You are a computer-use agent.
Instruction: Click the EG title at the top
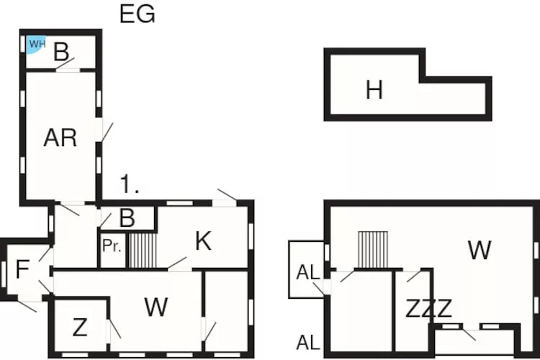click(x=137, y=14)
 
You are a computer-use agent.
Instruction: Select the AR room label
click(x=60, y=138)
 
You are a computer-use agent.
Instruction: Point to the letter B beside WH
click(x=62, y=53)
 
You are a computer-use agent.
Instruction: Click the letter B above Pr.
click(x=126, y=218)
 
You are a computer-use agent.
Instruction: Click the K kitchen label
click(x=203, y=241)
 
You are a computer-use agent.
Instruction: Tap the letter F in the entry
click(x=22, y=270)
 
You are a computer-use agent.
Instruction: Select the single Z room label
click(x=80, y=328)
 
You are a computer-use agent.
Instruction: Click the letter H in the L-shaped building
click(x=374, y=91)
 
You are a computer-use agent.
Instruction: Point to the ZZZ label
click(x=428, y=309)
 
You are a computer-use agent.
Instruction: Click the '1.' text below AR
click(x=130, y=185)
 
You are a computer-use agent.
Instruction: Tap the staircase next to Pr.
click(x=143, y=249)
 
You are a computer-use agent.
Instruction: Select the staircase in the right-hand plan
click(x=372, y=249)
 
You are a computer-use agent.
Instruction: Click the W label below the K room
click(x=156, y=307)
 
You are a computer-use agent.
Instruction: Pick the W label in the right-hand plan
click(x=479, y=251)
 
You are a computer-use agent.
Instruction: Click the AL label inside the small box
click(x=307, y=273)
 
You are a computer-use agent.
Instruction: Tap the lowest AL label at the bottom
click(x=307, y=343)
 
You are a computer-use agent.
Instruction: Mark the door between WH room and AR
click(x=67, y=66)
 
